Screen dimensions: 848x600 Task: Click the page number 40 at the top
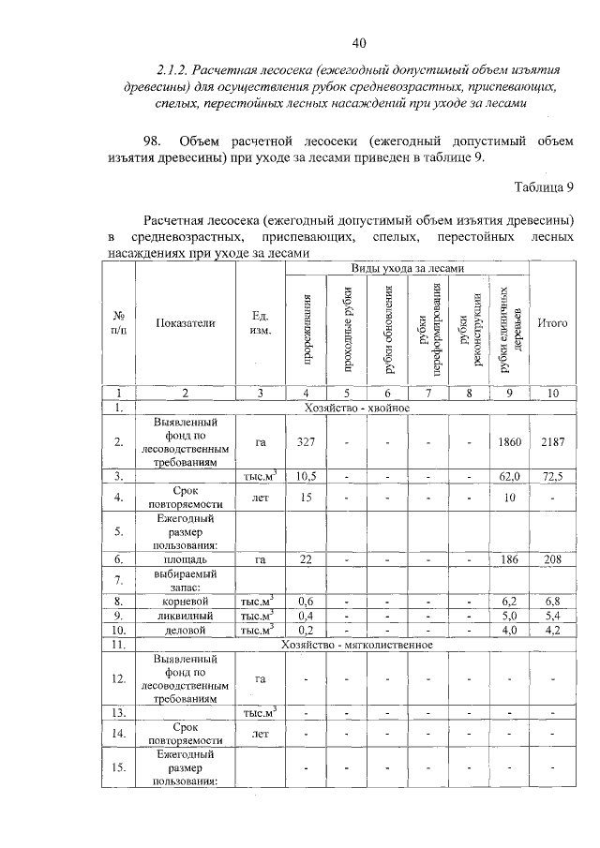(359, 42)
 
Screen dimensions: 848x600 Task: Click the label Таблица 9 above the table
(544, 187)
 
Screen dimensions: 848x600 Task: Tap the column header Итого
(552, 323)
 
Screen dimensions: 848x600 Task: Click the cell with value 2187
(552, 441)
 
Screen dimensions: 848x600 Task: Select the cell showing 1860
(511, 441)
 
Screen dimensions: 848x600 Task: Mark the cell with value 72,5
(552, 477)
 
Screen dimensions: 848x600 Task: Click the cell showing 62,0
(511, 477)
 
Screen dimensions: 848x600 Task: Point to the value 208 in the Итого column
(552, 558)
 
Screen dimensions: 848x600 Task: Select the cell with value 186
(511, 558)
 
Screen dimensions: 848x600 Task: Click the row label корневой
(186, 601)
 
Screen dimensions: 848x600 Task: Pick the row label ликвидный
(186, 616)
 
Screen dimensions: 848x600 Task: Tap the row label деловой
(186, 631)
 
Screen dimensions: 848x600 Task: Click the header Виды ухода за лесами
(407, 269)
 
